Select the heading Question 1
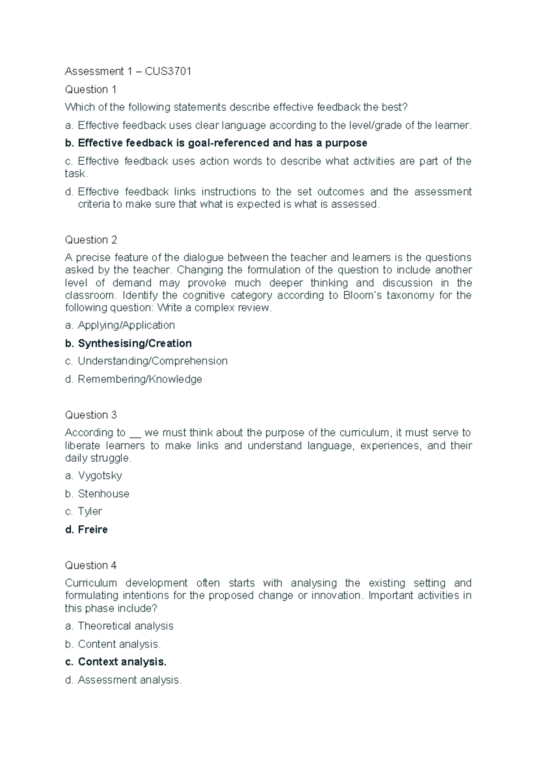[91, 90]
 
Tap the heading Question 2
[91, 240]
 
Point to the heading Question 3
[91, 415]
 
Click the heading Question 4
[91, 565]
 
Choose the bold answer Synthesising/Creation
[134, 344]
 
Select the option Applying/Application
[126, 325]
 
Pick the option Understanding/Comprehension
[152, 361]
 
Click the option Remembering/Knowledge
[140, 380]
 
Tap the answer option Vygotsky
[100, 476]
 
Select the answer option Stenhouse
[103, 494]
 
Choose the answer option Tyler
[90, 512]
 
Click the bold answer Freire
[92, 530]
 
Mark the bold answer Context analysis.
[122, 662]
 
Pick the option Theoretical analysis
[126, 626]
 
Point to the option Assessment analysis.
[130, 680]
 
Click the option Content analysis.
[119, 644]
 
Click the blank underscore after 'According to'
[135, 434]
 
